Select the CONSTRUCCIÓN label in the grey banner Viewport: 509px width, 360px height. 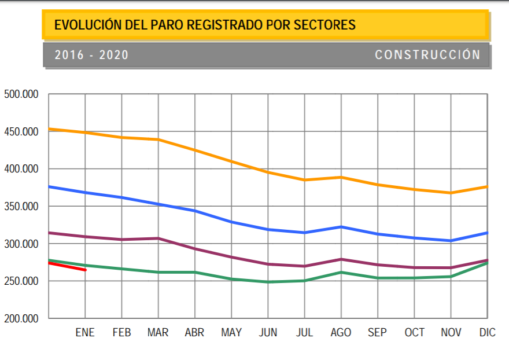coord(427,55)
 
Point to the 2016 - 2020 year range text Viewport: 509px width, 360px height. coord(91,56)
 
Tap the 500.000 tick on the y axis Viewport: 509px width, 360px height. coord(21,94)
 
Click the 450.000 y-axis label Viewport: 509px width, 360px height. coord(21,132)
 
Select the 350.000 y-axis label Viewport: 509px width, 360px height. coord(21,207)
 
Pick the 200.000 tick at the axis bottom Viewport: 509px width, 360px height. coord(21,319)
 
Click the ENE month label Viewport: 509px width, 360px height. coord(85,333)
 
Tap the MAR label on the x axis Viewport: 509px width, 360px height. coord(158,333)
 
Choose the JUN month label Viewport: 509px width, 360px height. coord(268,333)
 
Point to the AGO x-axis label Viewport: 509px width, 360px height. coord(341,333)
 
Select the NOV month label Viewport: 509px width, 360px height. coord(451,333)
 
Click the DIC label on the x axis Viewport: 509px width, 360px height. coord(486,333)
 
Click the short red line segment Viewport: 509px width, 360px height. coord(67,266)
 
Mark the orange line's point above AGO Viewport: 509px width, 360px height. coord(341,177)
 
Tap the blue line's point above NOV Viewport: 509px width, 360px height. coord(451,241)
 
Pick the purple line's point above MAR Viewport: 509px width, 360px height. coord(158,238)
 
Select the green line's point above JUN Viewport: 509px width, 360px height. coord(268,282)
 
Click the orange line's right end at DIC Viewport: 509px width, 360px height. coord(487,186)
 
